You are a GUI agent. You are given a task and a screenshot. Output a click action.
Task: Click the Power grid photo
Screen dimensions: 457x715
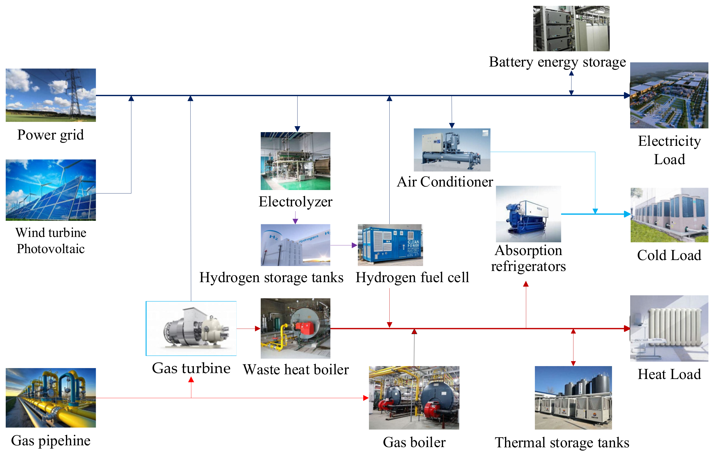tap(51, 95)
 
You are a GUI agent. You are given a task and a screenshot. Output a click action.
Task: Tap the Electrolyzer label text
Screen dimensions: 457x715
tap(295, 202)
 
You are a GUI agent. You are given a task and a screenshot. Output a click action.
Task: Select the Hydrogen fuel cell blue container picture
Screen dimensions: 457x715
tap(390, 245)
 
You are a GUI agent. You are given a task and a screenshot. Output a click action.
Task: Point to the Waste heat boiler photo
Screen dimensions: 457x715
tap(295, 328)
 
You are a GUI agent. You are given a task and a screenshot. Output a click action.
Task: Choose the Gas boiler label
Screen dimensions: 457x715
tap(414, 442)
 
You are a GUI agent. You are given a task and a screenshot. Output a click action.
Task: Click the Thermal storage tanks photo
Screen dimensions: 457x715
tap(573, 398)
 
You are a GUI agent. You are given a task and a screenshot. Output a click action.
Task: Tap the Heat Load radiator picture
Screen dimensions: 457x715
tap(669, 328)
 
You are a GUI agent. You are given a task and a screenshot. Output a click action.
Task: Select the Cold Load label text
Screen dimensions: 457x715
tap(669, 255)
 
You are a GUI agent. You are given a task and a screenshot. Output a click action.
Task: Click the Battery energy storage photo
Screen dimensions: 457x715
tap(571, 29)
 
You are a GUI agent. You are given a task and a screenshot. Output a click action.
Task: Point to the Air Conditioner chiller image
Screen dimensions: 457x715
tap(452, 150)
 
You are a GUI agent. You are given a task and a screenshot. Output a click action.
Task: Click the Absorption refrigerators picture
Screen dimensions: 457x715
tap(528, 214)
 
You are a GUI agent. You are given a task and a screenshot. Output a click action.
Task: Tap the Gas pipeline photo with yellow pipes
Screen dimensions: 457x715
tap(51, 398)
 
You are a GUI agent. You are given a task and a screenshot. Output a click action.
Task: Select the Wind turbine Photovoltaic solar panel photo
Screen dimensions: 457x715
tap(51, 190)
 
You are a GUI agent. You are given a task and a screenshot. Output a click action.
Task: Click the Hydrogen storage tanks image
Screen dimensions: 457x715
tap(295, 245)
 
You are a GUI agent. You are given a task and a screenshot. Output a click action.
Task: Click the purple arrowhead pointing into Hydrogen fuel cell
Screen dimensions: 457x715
tap(354, 245)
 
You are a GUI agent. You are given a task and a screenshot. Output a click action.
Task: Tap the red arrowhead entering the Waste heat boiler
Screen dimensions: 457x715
tap(258, 329)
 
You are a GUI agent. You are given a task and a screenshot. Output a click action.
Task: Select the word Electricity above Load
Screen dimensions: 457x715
tap(669, 141)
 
